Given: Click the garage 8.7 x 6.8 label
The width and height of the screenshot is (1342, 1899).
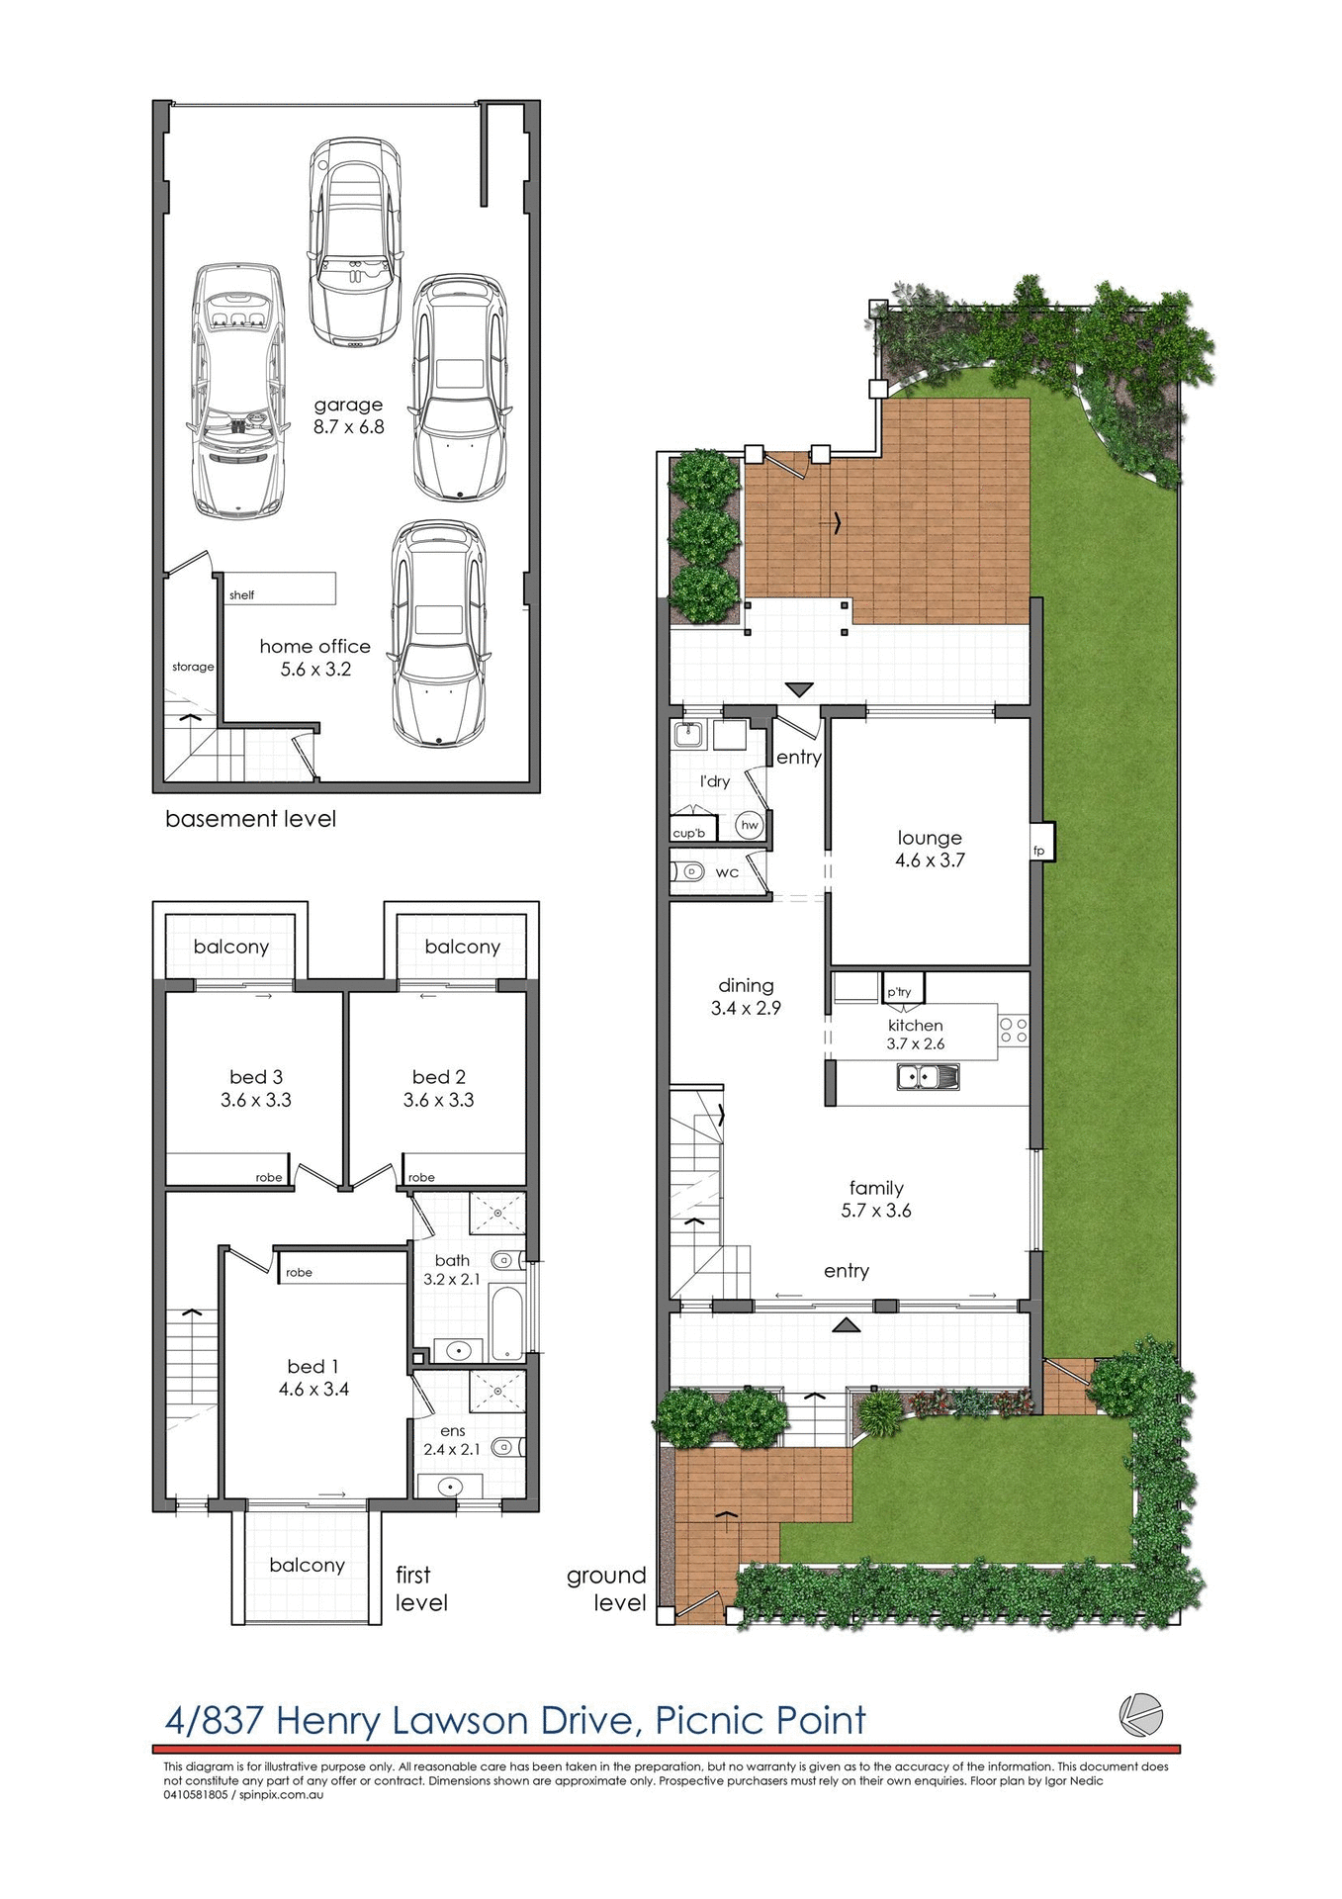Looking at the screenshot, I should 348,415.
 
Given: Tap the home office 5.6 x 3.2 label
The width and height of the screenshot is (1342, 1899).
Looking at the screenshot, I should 314,657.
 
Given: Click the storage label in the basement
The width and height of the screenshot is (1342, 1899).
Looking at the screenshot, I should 193,667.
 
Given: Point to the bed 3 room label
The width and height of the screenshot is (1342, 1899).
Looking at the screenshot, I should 256,1088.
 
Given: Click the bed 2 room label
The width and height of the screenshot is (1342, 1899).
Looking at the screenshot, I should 438,1088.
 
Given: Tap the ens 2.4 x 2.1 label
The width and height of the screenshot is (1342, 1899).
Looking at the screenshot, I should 452,1440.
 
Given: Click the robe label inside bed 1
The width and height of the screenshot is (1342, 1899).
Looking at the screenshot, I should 299,1273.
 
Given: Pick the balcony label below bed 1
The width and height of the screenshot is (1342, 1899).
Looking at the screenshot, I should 307,1566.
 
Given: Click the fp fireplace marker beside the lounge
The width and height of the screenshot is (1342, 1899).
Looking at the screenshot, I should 1038,851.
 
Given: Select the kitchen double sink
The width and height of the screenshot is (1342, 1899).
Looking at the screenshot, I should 928,1076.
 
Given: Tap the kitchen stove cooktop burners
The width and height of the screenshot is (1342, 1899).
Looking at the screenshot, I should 1013,1031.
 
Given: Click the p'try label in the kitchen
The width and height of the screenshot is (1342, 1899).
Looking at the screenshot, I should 899,992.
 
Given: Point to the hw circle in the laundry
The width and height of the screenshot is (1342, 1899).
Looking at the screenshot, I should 750,825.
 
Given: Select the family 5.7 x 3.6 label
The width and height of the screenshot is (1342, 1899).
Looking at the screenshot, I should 876,1199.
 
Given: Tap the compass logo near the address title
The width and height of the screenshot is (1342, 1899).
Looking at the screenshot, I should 1140,1714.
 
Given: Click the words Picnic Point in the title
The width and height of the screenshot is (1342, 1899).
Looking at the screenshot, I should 760,1721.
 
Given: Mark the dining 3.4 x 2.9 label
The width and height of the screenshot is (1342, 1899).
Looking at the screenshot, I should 746,996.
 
